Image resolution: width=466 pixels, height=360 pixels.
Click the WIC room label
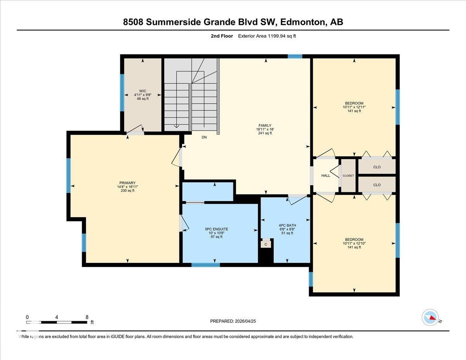click(x=143, y=91)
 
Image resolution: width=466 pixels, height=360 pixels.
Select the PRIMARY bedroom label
click(x=127, y=183)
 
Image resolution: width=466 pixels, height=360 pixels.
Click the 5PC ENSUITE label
click(x=216, y=229)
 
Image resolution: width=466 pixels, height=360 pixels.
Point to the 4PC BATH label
click(x=287, y=225)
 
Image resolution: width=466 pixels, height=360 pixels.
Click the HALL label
click(x=325, y=176)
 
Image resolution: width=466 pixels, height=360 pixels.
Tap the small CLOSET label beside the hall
click(x=348, y=176)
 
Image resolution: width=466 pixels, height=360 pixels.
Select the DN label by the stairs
click(x=204, y=137)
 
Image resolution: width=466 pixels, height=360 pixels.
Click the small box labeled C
click(x=266, y=244)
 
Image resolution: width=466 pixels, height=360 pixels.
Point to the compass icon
click(x=430, y=317)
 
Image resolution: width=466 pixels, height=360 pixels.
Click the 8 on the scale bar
click(x=87, y=317)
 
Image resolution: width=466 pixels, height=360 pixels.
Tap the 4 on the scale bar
click(x=57, y=317)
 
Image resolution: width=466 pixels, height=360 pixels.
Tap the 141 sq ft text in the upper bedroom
click(x=354, y=111)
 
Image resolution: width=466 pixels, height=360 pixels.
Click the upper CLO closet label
click(x=377, y=167)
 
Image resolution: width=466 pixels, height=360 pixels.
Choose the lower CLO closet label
click(x=377, y=185)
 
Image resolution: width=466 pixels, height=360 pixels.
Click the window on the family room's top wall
click(x=295, y=56)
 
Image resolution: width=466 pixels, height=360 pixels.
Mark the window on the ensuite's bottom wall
click(x=205, y=265)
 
